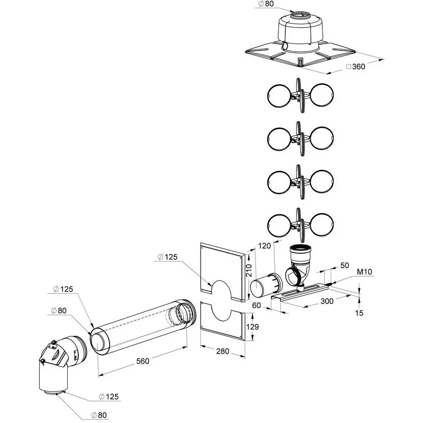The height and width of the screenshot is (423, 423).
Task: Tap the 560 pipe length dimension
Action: pyautogui.click(x=143, y=361)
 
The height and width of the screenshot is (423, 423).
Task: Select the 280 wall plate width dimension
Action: pyautogui.click(x=222, y=351)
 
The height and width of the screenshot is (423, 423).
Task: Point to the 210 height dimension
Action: pyautogui.click(x=249, y=270)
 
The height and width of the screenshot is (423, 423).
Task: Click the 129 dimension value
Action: pyautogui.click(x=253, y=327)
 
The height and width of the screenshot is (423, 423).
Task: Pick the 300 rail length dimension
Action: pyautogui.click(x=327, y=301)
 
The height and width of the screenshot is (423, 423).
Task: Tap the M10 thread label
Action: pyautogui.click(x=365, y=272)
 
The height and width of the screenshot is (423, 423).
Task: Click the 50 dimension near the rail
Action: pyautogui.click(x=344, y=266)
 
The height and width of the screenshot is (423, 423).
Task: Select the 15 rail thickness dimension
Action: pyautogui.click(x=359, y=313)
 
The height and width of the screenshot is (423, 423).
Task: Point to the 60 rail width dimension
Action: pyautogui.click(x=257, y=305)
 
